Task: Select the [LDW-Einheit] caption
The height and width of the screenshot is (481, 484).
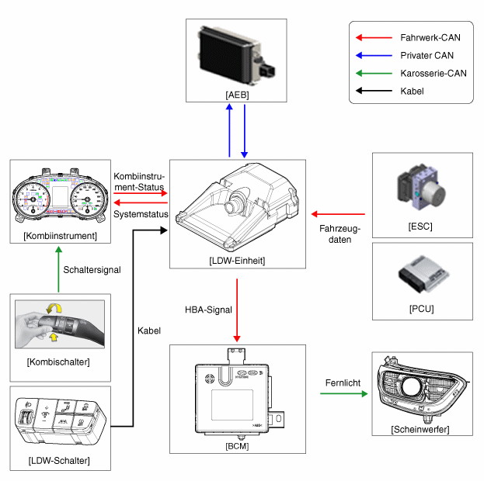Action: (238, 261)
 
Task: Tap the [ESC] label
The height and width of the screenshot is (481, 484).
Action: (420, 227)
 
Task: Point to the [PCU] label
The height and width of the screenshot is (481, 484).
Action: (420, 309)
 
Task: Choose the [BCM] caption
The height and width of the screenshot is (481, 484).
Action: (237, 446)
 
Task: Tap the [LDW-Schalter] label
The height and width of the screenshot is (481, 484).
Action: (59, 462)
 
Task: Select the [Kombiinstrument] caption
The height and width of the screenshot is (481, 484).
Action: (61, 235)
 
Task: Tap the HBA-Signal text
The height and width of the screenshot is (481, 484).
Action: (208, 310)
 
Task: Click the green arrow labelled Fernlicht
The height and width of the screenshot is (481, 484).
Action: (343, 394)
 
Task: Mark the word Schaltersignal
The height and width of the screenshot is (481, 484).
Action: (93, 269)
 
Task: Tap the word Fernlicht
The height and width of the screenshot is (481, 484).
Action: (341, 382)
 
